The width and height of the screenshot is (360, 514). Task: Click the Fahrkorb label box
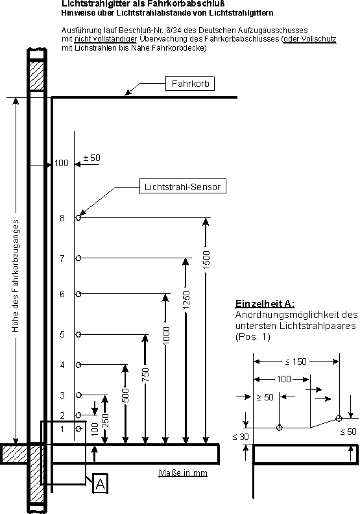point(190,84)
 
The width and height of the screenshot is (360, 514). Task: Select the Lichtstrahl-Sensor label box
point(183,186)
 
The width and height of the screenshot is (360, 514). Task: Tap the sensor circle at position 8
point(78,217)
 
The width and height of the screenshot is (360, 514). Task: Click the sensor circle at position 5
point(78,334)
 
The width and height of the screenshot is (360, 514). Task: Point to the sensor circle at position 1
point(78,428)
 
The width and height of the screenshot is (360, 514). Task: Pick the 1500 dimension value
point(206,260)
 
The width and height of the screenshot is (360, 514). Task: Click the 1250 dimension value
point(186,300)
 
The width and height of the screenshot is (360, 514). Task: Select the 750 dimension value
point(145,374)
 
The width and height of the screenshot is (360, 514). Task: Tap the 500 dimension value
point(125,395)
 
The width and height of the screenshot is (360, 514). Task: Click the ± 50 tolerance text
point(91,158)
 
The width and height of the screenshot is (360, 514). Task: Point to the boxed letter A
point(101,483)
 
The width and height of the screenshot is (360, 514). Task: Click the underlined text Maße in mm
point(183,472)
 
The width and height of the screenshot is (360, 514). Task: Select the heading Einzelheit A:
point(265,303)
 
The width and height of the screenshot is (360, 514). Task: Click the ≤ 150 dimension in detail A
point(296,361)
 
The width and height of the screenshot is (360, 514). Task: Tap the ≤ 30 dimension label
point(241,437)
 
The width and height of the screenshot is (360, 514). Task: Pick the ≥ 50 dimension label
point(265,397)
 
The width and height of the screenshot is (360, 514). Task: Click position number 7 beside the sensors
point(62,258)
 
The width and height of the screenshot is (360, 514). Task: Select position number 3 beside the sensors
point(62,395)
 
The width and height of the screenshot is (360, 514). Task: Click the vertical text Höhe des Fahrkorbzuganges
point(15,276)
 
